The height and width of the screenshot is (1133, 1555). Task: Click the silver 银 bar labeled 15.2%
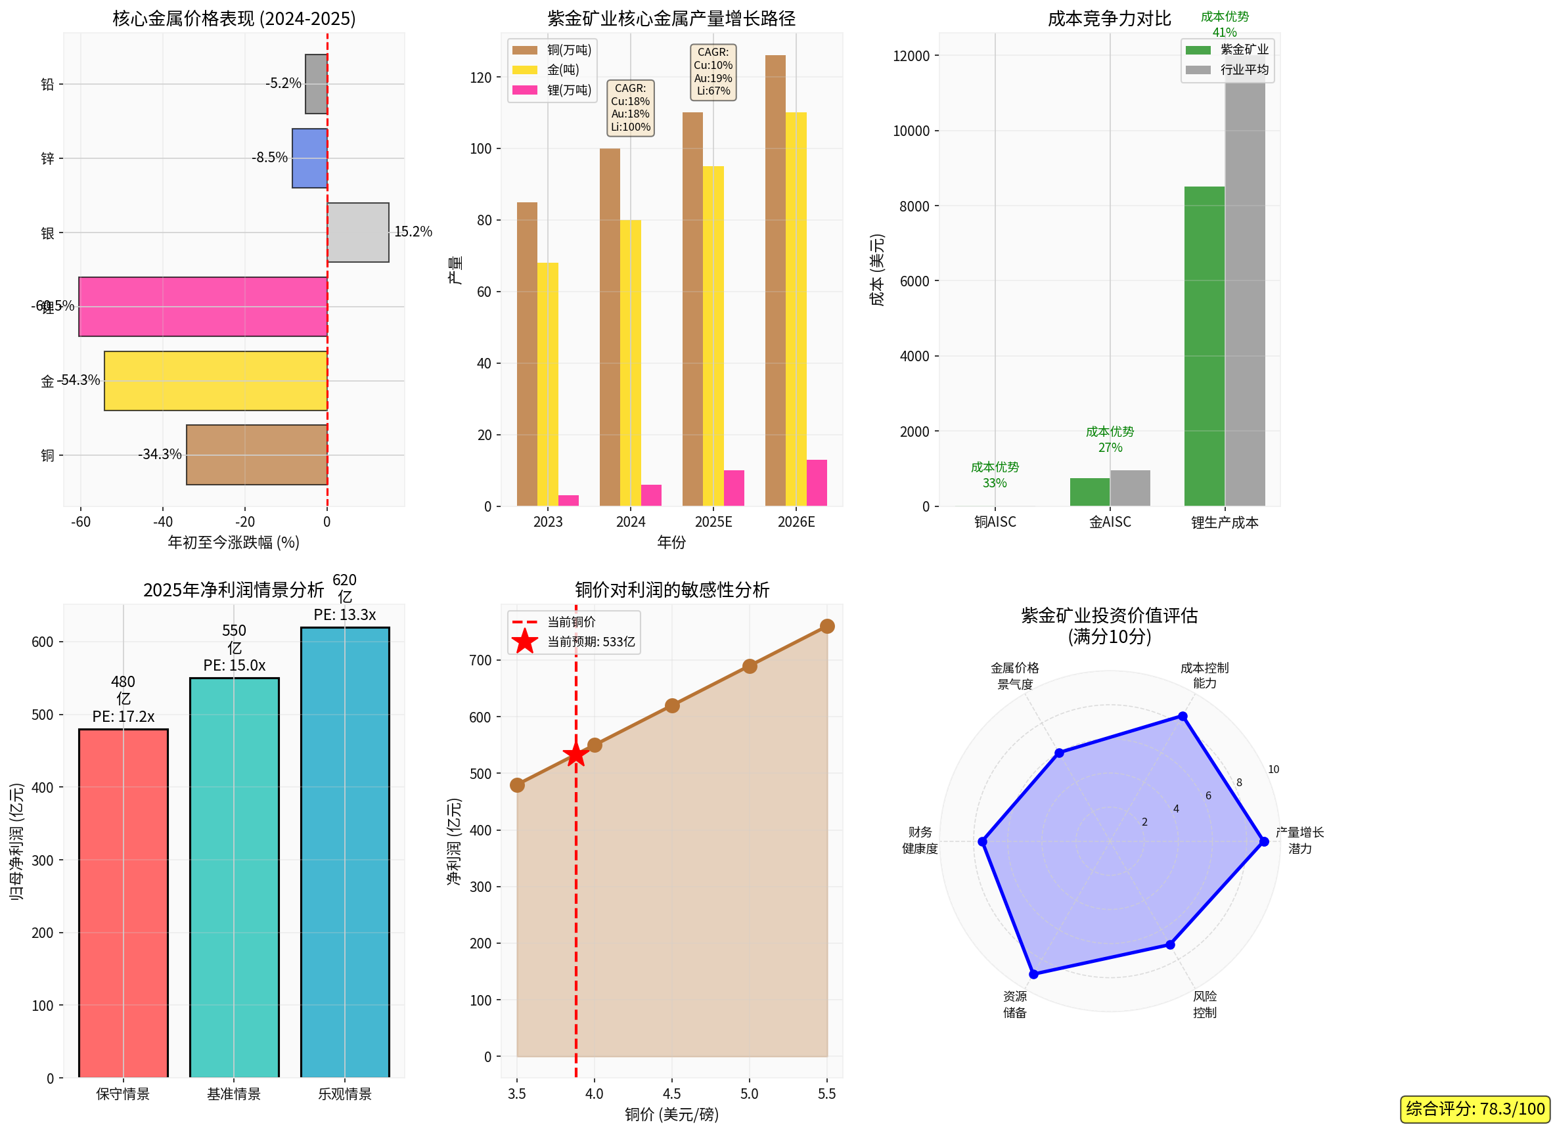[x=357, y=232]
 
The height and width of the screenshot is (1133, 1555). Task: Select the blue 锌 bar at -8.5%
[x=309, y=158]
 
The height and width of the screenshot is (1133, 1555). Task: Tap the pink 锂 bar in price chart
[x=202, y=306]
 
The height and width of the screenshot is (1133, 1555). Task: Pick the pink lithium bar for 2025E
[x=733, y=487]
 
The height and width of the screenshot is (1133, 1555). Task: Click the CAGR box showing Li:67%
[x=713, y=72]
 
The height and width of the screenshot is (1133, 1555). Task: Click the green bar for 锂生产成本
[x=1204, y=345]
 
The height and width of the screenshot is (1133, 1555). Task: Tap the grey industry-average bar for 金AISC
[x=1130, y=487]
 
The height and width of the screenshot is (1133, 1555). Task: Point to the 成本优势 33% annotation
[x=994, y=475]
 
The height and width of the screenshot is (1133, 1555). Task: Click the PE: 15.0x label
[x=234, y=665]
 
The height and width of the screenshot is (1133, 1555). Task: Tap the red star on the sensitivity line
[x=575, y=755]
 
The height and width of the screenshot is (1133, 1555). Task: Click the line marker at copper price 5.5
[x=826, y=625]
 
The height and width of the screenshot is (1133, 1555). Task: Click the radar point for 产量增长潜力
[x=1263, y=841]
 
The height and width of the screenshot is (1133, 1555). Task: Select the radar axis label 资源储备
[x=1014, y=1004]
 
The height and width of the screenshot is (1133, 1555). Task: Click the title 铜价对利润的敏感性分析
[x=671, y=590]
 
